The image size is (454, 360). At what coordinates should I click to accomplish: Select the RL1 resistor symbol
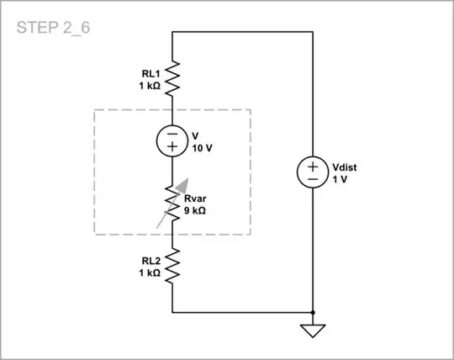click(172, 77)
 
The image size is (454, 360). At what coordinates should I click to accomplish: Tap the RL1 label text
click(143, 72)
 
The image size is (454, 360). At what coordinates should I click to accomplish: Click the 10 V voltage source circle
click(172, 140)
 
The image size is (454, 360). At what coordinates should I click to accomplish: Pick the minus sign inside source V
click(172, 133)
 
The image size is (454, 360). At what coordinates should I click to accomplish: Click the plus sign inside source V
click(172, 147)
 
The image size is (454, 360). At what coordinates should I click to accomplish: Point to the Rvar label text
click(196, 199)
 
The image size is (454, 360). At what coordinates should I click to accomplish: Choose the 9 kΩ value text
click(195, 210)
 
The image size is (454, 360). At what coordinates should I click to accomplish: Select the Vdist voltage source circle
click(312, 172)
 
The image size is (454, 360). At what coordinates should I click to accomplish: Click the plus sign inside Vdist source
click(312, 165)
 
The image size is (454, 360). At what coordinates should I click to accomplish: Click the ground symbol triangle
click(312, 330)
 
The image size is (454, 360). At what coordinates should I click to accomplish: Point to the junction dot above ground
click(312, 312)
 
